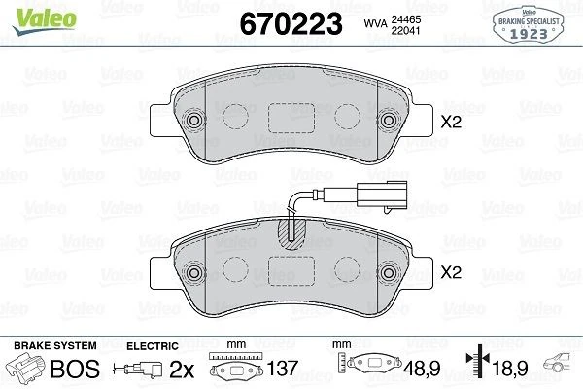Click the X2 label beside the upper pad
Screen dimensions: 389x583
[x=450, y=123]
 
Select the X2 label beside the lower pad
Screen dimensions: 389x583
[x=450, y=275]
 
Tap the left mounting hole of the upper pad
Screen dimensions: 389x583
[x=193, y=122]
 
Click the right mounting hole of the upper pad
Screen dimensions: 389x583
[x=391, y=122]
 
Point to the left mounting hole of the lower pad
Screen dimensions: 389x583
[x=193, y=273]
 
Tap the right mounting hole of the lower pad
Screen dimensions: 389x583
[x=391, y=273]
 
